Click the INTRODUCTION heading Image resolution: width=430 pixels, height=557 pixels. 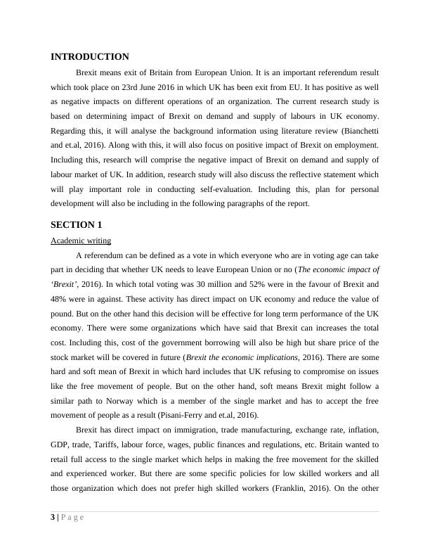pyautogui.click(x=90, y=57)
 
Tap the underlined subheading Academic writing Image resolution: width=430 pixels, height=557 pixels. pyautogui.click(x=81, y=241)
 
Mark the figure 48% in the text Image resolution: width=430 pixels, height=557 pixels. pyautogui.click(x=60, y=300)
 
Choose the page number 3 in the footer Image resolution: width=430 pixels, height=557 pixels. pyautogui.click(x=53, y=518)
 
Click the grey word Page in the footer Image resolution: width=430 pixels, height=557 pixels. pyautogui.click(x=72, y=518)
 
